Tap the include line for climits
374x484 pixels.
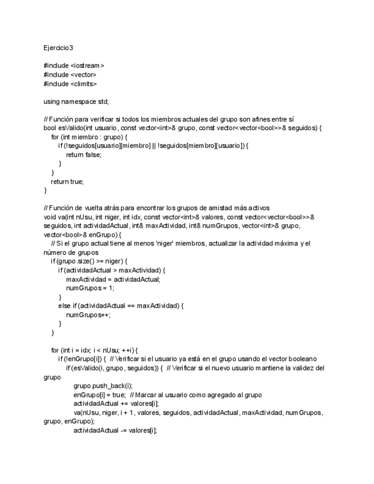click(x=70, y=84)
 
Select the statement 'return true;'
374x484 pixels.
click(x=67, y=181)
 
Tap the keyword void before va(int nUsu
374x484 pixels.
click(x=50, y=217)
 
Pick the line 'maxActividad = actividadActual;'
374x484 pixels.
click(x=113, y=279)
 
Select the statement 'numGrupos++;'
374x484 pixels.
click(x=89, y=314)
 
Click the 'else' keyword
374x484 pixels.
click(x=65, y=306)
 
